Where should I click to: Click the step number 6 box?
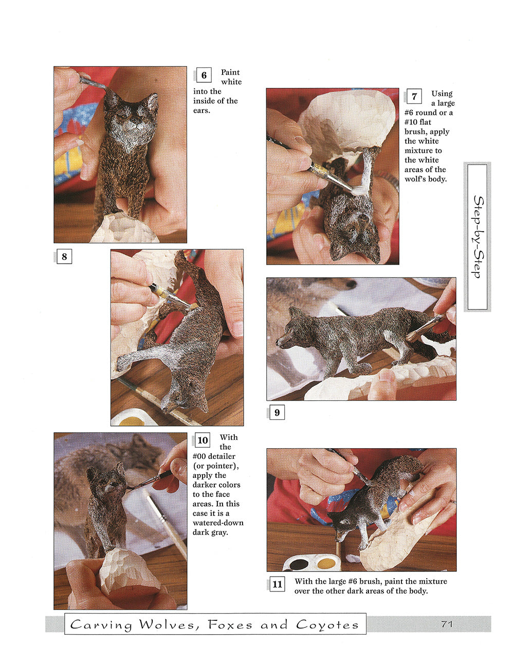pos(204,75)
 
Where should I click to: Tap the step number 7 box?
pos(414,97)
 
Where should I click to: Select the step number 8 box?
pos(64,256)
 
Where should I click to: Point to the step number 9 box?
pos(277,413)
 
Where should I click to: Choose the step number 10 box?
pos(202,440)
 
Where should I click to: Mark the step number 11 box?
pos(277,584)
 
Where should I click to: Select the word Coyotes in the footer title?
pos(327,625)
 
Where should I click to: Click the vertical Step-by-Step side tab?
pos(478,237)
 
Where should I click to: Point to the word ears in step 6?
pos(201,110)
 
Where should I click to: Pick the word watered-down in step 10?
pos(218,523)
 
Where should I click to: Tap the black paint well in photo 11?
pos(299,564)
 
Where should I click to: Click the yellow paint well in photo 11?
pos(326,563)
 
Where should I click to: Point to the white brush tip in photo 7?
pos(360,191)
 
